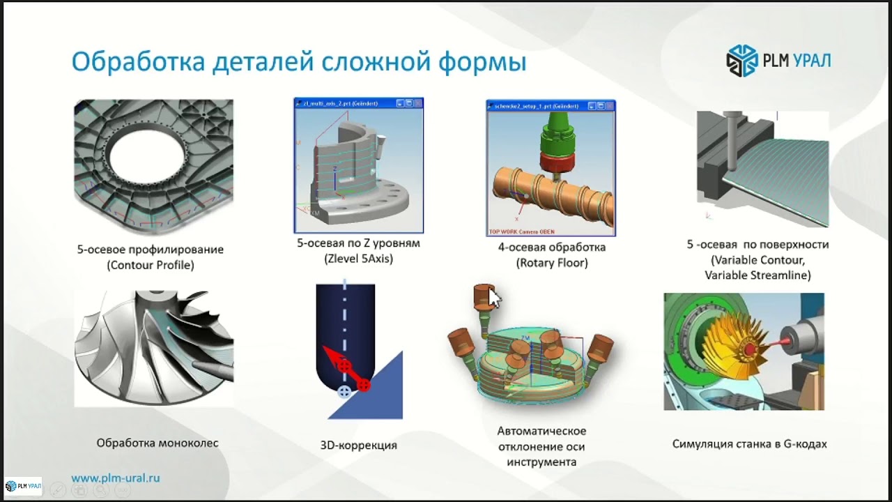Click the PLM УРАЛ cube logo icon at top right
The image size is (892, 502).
pyautogui.click(x=741, y=60)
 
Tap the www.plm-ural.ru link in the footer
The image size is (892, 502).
pyautogui.click(x=116, y=478)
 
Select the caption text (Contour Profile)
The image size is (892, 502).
pyautogui.click(x=151, y=265)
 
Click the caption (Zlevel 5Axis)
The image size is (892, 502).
pyautogui.click(x=358, y=259)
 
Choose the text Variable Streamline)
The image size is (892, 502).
pyautogui.click(x=758, y=275)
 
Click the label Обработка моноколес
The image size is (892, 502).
pyautogui.click(x=157, y=443)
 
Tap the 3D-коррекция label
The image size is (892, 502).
pyautogui.click(x=358, y=445)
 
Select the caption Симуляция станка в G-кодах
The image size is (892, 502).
pyautogui.click(x=749, y=443)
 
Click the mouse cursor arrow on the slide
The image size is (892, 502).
pyautogui.click(x=494, y=298)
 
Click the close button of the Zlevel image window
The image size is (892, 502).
pyautogui.click(x=417, y=103)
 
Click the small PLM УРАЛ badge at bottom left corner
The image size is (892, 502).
pyautogui.click(x=23, y=485)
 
